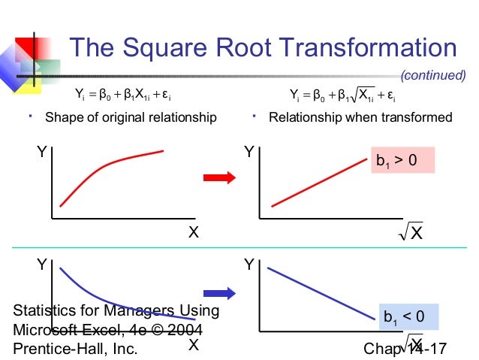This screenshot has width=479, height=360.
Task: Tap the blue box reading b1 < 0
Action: pyautogui.click(x=404, y=317)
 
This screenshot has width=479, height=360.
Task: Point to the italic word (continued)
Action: pyautogui.click(x=433, y=75)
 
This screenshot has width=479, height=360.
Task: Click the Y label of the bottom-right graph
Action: pyautogui.click(x=249, y=265)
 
